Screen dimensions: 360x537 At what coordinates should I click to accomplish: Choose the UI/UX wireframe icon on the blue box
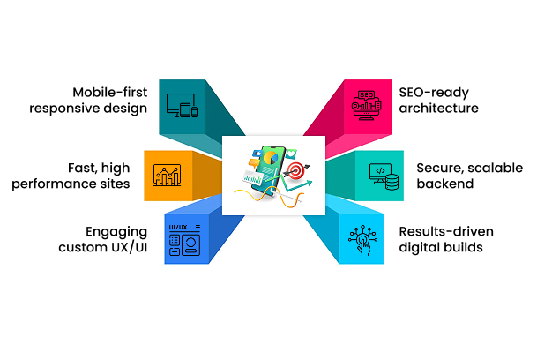pos(183,239)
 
